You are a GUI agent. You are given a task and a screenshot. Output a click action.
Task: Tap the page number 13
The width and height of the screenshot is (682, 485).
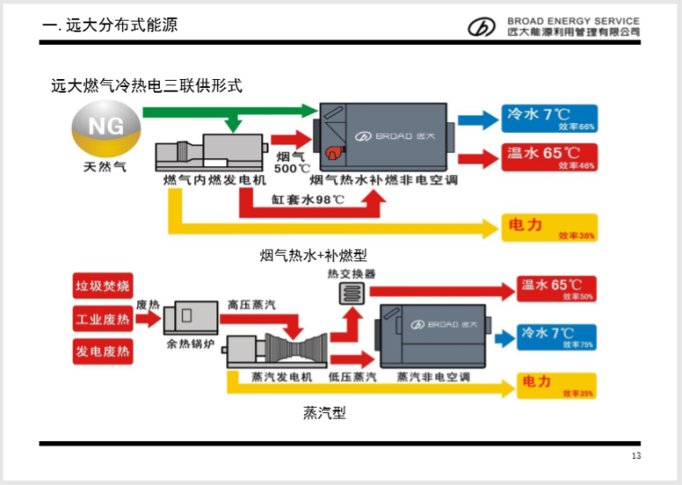click(x=636, y=458)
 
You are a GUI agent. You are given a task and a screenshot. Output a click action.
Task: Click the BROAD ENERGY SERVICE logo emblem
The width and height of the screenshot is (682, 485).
click(x=481, y=27)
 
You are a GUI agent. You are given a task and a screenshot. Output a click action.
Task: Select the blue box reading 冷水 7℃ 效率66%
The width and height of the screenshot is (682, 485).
click(x=550, y=119)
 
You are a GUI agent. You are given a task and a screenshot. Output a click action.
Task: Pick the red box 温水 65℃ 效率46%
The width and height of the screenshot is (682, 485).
click(x=550, y=158)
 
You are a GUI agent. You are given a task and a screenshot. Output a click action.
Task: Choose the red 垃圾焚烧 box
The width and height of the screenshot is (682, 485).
click(x=102, y=287)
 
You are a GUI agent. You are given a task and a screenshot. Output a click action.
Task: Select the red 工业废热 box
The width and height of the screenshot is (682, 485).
click(x=102, y=319)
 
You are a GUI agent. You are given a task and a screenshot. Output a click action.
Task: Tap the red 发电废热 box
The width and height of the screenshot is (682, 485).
click(x=102, y=351)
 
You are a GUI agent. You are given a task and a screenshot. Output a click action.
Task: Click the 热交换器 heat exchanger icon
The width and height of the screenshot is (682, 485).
click(x=351, y=294)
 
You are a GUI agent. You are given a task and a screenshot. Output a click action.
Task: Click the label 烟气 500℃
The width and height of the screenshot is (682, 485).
click(x=292, y=163)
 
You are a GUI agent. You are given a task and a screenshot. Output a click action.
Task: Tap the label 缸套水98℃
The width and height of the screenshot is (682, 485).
click(x=309, y=198)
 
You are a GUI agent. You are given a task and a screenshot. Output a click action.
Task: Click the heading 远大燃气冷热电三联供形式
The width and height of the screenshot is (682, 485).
click(x=146, y=86)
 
